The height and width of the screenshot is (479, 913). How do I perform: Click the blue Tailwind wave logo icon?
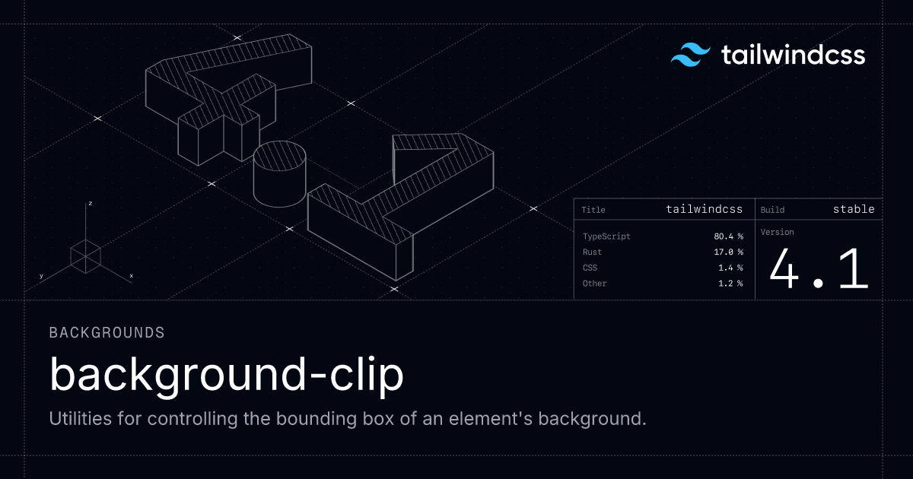tap(691, 55)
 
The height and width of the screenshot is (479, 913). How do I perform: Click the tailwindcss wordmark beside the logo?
tap(793, 55)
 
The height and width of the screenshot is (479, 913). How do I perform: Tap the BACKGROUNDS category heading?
tap(107, 333)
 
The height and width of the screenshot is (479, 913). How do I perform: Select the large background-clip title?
tap(227, 375)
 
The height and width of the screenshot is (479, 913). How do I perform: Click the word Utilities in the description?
tap(81, 418)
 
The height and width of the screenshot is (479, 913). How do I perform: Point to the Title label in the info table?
tap(593, 210)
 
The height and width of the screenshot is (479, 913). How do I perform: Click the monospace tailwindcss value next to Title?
tap(705, 209)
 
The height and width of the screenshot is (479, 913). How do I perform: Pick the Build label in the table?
tap(772, 210)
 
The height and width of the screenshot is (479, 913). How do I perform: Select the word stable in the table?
tap(854, 209)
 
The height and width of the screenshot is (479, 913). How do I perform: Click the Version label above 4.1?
tap(778, 232)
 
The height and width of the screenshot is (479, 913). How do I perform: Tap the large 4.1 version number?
tap(819, 269)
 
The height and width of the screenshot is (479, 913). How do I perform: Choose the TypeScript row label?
tap(606, 236)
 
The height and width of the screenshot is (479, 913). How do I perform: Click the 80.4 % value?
tap(728, 236)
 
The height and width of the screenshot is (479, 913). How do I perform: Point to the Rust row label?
tap(592, 252)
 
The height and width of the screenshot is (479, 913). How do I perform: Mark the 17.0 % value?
tap(728, 252)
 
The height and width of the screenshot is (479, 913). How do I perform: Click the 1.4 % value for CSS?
tap(730, 268)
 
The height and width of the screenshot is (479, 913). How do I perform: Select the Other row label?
tap(595, 283)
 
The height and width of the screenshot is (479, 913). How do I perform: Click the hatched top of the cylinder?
tap(280, 156)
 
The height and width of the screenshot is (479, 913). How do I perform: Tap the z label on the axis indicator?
tap(91, 203)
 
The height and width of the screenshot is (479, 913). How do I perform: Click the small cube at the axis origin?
tap(85, 256)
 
